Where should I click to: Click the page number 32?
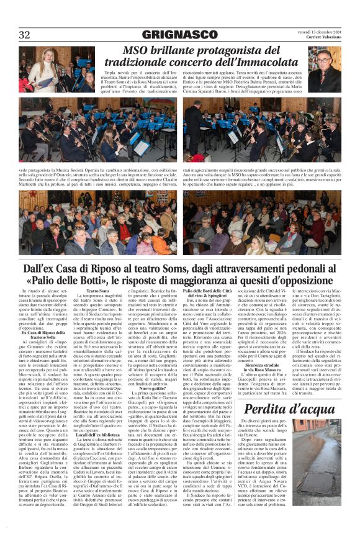(x=24, y=35)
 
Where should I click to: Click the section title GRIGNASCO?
(x=179, y=35)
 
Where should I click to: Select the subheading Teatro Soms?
(x=98, y=291)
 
